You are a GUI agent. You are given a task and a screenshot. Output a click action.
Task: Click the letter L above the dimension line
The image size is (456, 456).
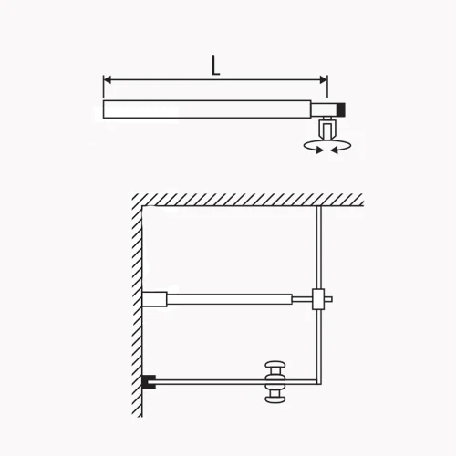[x=215, y=65]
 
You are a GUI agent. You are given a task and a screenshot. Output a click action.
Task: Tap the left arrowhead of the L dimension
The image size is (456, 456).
[x=108, y=80]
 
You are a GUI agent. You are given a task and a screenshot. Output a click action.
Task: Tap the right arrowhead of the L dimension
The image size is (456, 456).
[x=324, y=80]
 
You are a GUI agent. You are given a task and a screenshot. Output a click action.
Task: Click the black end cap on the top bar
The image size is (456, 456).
[x=341, y=109]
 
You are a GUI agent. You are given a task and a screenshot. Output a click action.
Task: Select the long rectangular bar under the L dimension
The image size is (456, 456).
[x=207, y=109]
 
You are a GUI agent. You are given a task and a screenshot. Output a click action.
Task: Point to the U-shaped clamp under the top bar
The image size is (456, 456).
[x=326, y=130]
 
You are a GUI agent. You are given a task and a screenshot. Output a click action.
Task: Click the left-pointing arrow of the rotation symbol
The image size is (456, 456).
[x=335, y=150]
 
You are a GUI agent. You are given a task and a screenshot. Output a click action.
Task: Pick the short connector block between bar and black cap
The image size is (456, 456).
[x=325, y=109]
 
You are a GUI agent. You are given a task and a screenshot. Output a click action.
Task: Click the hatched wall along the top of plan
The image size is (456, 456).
[x=248, y=200]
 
